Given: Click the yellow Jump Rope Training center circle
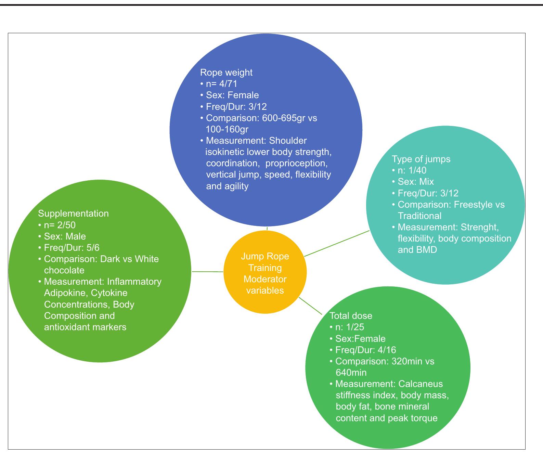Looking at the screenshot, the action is [x=265, y=272].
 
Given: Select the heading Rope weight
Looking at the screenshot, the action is [x=226, y=73].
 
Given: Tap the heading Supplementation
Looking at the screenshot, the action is [x=73, y=214].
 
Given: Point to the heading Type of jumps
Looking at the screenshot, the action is [x=421, y=159].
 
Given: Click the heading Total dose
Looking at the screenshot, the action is [x=351, y=316].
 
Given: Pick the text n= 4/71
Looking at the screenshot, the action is [x=222, y=84].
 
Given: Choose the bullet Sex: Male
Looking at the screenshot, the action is [x=65, y=236].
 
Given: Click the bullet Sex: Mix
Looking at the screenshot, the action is [x=416, y=182].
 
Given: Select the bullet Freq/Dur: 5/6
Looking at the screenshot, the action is [x=72, y=248].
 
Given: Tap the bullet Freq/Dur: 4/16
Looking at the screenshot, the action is [x=366, y=350].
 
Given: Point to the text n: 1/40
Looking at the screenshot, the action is [x=412, y=170].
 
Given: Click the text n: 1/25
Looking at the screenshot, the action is [x=350, y=327].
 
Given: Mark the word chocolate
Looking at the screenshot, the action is [x=64, y=270].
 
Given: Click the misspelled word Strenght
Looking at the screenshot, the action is [x=480, y=227].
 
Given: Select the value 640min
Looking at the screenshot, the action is [x=351, y=373].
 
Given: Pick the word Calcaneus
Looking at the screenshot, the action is [x=421, y=384].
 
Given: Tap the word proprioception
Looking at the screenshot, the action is [x=296, y=163].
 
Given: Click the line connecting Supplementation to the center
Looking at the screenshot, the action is [x=208, y=272].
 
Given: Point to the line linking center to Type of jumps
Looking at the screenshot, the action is [x=337, y=243].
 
